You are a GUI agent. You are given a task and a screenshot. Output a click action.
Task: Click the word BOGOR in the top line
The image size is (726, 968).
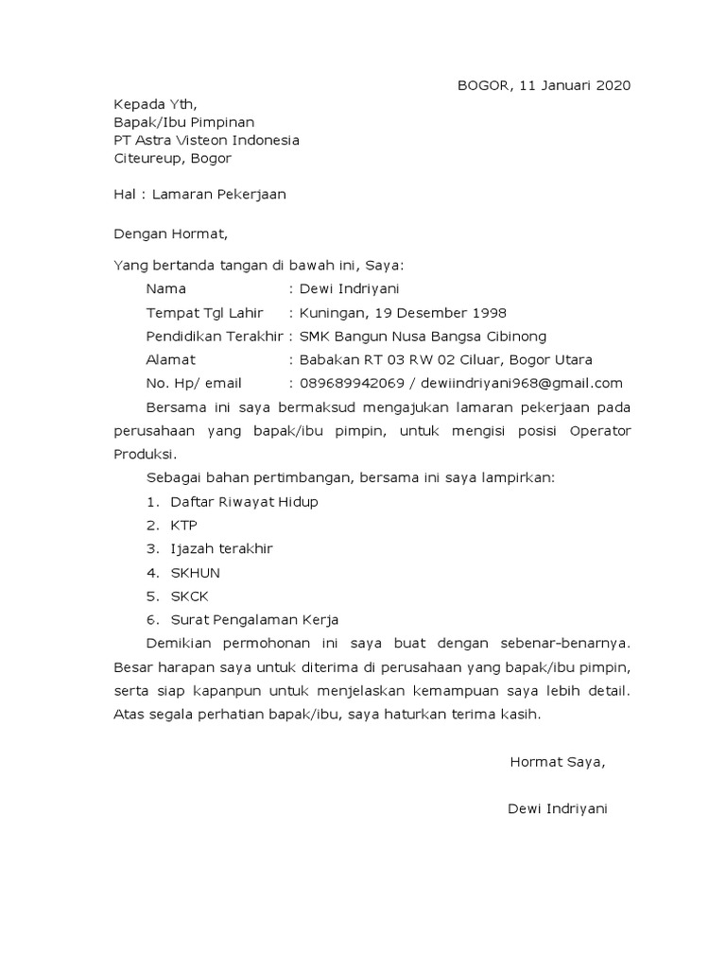click(482, 86)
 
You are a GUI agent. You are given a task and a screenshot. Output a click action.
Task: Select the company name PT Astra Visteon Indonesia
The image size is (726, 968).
click(207, 140)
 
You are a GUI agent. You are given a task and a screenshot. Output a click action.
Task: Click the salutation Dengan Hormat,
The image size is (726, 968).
click(171, 231)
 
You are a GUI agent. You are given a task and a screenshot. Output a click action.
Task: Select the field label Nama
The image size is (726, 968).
click(166, 288)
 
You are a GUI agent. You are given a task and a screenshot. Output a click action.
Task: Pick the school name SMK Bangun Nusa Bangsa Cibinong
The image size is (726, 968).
click(423, 336)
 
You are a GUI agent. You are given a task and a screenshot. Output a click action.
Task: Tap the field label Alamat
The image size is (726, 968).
click(171, 359)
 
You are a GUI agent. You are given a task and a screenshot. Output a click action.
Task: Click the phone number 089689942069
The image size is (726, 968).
click(351, 383)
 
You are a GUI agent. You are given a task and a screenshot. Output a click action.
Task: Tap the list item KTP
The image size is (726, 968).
click(184, 526)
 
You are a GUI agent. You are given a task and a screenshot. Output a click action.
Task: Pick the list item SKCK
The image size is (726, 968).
click(189, 596)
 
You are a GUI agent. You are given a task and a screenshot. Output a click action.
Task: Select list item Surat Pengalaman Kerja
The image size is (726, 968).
click(254, 620)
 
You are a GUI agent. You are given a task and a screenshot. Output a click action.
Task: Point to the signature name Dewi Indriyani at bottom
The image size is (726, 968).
click(557, 809)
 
